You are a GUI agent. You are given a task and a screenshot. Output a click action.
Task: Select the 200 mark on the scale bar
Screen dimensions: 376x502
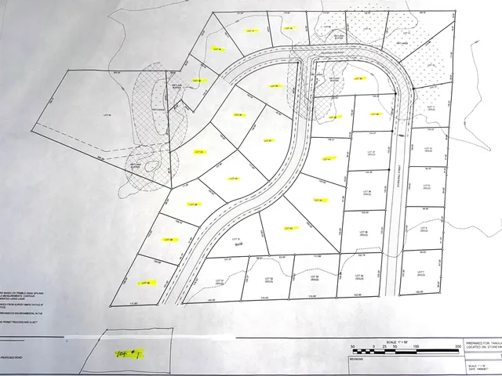tap(457, 345)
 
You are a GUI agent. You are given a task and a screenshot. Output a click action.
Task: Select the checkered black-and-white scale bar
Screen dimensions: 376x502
tap(405, 352)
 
